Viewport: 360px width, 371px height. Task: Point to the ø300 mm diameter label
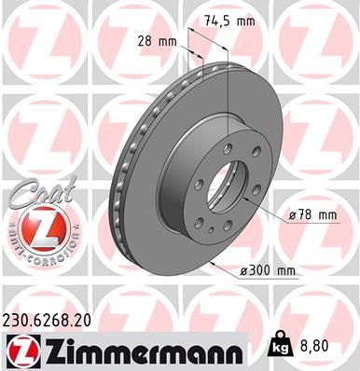268,270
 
